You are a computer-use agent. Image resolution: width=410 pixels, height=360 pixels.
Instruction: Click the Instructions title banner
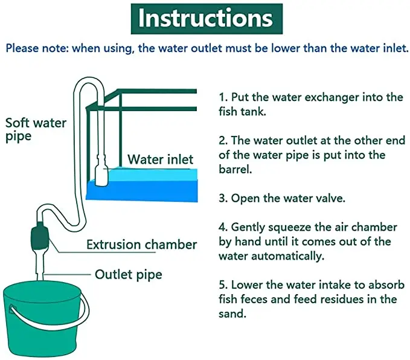pos(205,19)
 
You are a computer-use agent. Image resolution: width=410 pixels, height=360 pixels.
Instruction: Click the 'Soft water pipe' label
pos(36,129)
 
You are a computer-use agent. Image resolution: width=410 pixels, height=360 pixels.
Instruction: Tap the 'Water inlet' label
pos(160,159)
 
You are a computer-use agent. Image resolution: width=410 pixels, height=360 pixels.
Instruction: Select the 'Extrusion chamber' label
pos(141,245)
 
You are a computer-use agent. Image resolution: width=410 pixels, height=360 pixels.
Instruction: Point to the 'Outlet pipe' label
pos(128,275)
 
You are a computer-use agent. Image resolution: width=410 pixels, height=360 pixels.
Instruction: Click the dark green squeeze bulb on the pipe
pos(40,237)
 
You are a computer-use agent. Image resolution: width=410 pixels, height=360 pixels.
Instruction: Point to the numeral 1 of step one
pos(222,97)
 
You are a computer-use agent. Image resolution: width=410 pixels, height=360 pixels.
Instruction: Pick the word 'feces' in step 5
pos(252,300)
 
